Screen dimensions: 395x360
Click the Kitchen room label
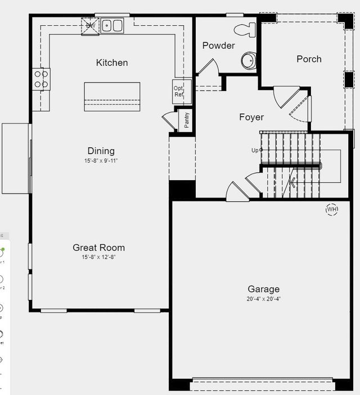point(112,62)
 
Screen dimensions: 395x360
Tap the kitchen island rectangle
point(112,97)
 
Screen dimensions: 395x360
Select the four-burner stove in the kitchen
point(41,79)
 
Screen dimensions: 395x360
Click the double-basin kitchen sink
point(112,25)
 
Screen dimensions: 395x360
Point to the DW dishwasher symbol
point(90,26)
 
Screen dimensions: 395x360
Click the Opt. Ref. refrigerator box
point(179,91)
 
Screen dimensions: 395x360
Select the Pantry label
point(187,120)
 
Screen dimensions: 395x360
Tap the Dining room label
point(101,151)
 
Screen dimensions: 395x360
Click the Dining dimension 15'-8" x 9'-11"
point(101,161)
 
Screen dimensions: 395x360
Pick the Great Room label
point(99,248)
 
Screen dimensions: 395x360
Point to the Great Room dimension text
point(99,257)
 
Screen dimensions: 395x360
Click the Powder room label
point(218,46)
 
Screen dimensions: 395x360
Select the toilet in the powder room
point(245,29)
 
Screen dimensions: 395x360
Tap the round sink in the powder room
point(249,60)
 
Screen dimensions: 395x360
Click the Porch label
point(309,59)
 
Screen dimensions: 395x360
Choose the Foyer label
point(251,117)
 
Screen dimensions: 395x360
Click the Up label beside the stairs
point(255,150)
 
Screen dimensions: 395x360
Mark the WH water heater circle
point(332,209)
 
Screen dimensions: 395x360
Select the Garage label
point(264,289)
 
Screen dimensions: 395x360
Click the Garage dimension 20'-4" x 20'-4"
point(264,299)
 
